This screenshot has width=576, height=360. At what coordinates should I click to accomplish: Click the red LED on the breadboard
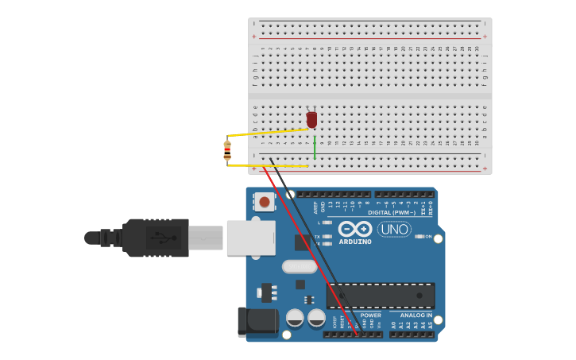311,119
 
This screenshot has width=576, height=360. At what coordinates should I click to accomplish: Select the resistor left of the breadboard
227,150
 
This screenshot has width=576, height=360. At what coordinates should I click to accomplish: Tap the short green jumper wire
315,149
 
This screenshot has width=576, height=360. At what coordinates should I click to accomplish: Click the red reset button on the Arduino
264,202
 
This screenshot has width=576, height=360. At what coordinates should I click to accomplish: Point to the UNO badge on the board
394,230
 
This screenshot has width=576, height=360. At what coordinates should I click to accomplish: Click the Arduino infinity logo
355,229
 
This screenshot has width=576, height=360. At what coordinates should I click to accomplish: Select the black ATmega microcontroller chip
381,296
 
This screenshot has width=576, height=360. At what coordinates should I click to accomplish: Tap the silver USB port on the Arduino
250,238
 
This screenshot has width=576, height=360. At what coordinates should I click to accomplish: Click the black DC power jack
256,321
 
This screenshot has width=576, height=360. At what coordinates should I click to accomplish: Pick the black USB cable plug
156,238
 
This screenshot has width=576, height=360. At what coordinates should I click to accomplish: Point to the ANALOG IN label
416,315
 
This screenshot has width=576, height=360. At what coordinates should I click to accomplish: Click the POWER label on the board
371,315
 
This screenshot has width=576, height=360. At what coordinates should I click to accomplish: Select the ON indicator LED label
427,237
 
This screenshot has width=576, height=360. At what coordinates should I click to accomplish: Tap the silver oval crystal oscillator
299,266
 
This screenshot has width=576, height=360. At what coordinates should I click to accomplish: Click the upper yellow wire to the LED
266,132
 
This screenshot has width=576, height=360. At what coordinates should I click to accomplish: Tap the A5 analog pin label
431,325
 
